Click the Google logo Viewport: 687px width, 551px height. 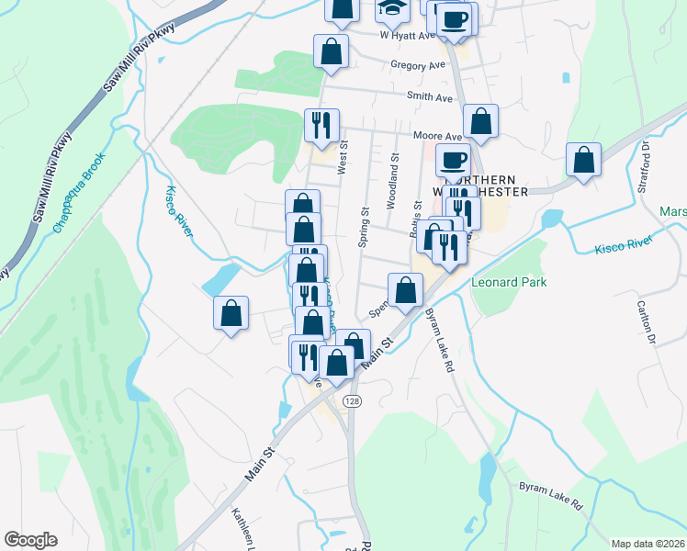tap(30, 540)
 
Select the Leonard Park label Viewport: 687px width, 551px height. tap(508, 282)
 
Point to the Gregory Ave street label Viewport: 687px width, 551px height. tap(417, 66)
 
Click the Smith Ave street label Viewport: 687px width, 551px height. tap(431, 96)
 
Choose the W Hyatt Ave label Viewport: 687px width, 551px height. tap(407, 36)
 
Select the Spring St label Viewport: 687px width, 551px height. tap(363, 226)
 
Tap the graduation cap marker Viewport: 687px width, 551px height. tap(392, 11)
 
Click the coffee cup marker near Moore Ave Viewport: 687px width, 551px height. tap(453, 161)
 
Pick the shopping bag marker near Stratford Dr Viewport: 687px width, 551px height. tap(583, 160)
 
